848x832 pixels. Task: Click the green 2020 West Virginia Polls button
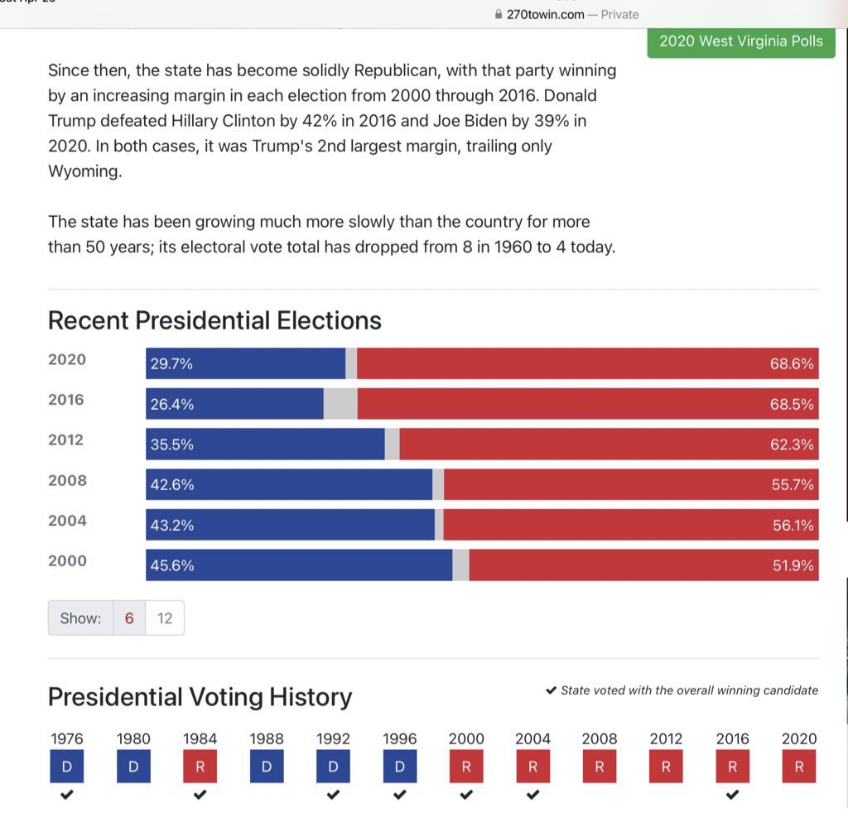click(740, 41)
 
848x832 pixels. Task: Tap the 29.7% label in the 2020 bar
click(172, 364)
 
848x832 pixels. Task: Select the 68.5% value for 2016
click(792, 405)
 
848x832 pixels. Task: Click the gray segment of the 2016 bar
click(340, 404)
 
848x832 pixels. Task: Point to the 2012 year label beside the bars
click(66, 440)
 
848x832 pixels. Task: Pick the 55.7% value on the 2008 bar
click(793, 485)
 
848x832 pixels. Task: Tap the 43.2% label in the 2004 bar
click(172, 526)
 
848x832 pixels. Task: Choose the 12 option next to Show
click(165, 618)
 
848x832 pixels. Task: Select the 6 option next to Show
click(129, 618)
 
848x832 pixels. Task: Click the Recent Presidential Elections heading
click(214, 320)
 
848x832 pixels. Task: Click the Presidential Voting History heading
click(200, 697)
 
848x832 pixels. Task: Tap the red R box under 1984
click(200, 767)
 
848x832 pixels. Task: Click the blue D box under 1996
click(399, 767)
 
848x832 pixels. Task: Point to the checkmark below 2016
click(732, 796)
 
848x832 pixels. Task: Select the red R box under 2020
click(799, 767)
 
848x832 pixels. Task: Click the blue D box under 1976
click(67, 767)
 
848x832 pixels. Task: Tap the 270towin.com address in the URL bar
click(545, 14)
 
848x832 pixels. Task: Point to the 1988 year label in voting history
click(267, 738)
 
